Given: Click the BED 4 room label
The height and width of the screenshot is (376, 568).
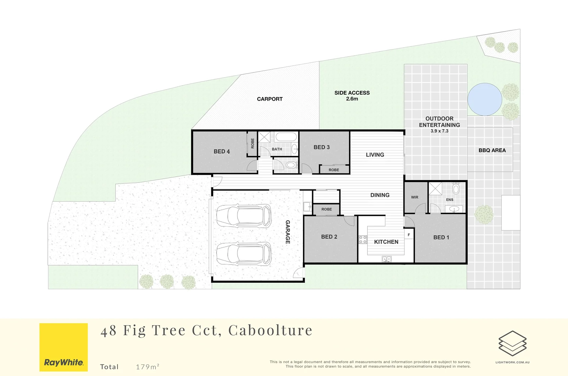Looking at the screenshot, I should coord(221,151).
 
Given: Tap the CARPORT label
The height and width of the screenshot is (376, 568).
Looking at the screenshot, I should coord(270,99).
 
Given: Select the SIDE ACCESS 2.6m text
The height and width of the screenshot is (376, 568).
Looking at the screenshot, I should coord(352,96).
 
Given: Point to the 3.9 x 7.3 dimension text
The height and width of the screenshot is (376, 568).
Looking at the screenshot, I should coord(439,131).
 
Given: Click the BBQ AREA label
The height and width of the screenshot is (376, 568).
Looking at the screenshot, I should coord(492,150).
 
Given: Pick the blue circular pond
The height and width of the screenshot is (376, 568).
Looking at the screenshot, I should coord(484,99).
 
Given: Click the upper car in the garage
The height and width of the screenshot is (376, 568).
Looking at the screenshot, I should coord(244,215).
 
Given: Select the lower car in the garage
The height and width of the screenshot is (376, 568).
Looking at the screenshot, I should coord(244,253).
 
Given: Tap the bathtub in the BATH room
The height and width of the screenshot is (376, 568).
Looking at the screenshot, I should coord(286,137).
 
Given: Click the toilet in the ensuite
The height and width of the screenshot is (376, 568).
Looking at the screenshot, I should coord(456,188).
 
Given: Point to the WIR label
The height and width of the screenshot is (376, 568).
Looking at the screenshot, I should coord(415,197).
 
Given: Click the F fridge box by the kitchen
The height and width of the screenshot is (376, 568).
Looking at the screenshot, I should coord(409,235).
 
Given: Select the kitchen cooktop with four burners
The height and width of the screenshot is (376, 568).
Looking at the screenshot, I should coord(363,239).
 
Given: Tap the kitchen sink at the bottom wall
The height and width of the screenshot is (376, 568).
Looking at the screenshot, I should coord(386,259).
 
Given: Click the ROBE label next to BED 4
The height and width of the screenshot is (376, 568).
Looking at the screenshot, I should coord(252,143).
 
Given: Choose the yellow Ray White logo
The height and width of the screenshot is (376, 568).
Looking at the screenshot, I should coord(63,347).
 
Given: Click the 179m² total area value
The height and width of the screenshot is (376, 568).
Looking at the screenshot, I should coord(147,367).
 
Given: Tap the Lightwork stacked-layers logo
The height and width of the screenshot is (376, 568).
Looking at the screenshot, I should coord(512,343).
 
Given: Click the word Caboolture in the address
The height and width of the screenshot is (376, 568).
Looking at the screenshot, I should coord(270,330).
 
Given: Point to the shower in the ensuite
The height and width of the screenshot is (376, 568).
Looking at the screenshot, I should coord(435,189).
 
